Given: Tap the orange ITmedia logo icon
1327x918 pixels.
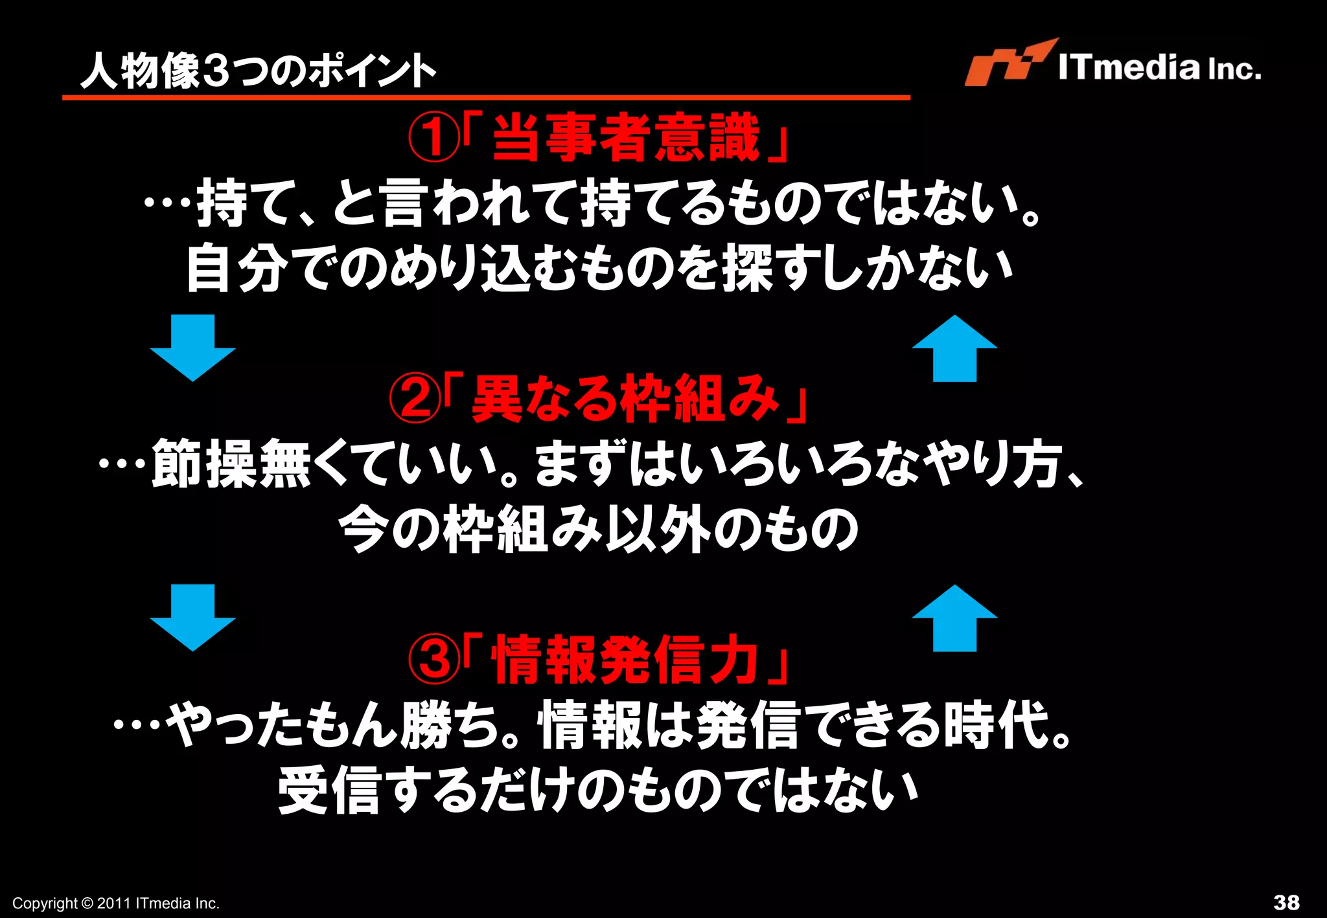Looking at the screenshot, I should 1007,63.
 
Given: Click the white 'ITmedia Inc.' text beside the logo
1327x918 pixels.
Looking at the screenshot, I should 1160,67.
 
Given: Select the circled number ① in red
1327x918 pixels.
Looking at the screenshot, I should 433,137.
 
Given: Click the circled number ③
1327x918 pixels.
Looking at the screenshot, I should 433,660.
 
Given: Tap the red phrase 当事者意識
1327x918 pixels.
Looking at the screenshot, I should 626,137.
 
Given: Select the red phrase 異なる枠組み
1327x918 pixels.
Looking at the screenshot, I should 625,399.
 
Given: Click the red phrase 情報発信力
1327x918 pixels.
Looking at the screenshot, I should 626,660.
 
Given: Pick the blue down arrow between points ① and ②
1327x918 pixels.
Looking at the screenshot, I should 192,347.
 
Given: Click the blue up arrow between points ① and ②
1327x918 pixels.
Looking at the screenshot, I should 954,348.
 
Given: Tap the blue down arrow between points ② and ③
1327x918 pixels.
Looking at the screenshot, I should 192,617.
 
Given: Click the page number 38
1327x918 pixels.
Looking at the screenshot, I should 1286,902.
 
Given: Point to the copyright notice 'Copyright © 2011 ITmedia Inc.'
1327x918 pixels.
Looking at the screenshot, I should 116,903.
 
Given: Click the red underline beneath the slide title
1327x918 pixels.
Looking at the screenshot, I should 486,98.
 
